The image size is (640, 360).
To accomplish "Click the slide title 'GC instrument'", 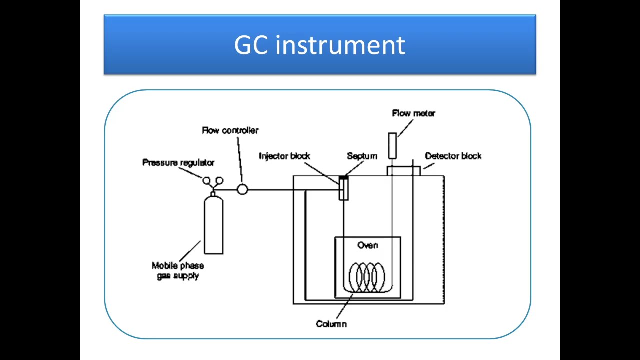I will pos(319,45).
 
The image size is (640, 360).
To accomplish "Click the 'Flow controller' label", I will pos(230,130).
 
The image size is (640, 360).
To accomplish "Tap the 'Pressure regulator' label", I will pos(178,163).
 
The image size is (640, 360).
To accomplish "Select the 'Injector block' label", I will pos(284,156).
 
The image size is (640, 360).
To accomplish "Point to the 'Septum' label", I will pos(362,156).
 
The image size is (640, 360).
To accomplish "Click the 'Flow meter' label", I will pos(413,113).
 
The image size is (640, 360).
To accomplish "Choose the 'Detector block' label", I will pos(453,156).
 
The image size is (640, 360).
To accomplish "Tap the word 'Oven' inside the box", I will pos(368,245).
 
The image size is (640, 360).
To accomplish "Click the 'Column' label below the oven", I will pos(331,324).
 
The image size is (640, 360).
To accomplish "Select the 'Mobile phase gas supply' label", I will pos(178,271).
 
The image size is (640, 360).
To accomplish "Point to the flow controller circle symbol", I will pos(242,190).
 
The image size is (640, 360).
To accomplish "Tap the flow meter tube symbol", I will pos(392,146).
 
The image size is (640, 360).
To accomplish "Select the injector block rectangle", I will pos(343,189).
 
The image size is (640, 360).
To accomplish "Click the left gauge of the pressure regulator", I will pos(207,181).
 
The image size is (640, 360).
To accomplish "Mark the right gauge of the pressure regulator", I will pos(219,181).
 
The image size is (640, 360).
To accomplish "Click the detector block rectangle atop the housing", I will pos(403,171).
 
